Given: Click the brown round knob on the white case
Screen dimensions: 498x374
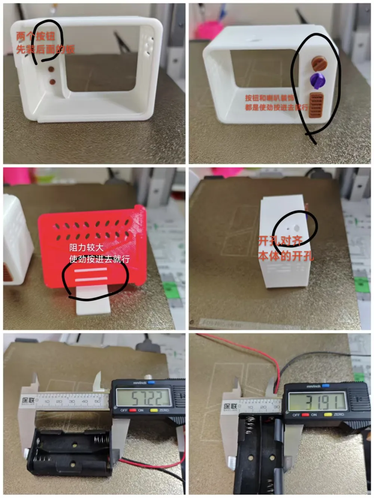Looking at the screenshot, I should [319, 62].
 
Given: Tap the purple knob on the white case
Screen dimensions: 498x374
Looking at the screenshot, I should [318, 80].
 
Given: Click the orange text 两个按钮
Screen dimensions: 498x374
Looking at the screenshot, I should [36, 36].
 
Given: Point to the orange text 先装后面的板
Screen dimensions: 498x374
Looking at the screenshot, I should [45, 49].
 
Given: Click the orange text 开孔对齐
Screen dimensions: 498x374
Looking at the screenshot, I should [280, 241].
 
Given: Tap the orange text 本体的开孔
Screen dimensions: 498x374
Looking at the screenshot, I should [286, 256].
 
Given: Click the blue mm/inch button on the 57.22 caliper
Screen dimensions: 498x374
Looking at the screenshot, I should [151, 383].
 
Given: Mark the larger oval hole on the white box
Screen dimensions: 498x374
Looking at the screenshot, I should [297, 227].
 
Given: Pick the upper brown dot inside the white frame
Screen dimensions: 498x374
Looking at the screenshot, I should [51, 69].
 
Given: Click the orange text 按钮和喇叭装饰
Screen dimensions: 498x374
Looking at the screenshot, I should [269, 98].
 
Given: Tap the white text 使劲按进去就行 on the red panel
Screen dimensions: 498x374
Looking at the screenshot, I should [99, 259].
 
